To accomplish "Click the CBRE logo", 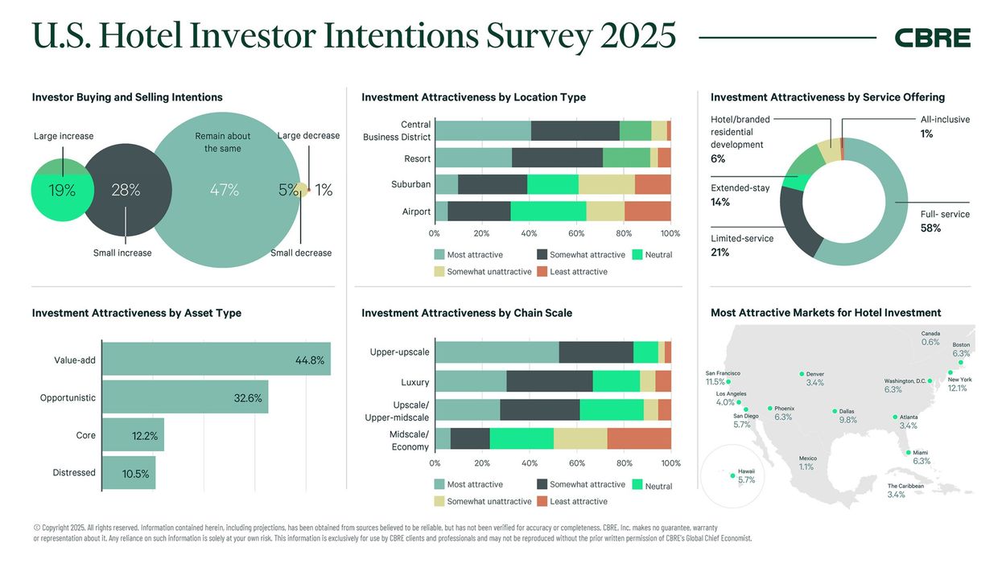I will [x=932, y=38].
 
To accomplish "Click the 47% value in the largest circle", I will [x=224, y=190].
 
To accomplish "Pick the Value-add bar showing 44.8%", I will [x=216, y=360].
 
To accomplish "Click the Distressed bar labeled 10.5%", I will [x=129, y=473].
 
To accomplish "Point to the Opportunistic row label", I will [x=68, y=397].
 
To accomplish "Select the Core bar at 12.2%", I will [x=134, y=435].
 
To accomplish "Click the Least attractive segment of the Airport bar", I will [x=647, y=212].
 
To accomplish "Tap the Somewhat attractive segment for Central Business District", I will [x=575, y=131].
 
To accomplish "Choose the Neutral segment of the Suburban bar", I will [x=552, y=184].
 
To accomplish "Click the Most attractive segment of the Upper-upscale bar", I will [x=496, y=352].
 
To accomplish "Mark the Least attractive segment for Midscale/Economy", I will [x=638, y=438].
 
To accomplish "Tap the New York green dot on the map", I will [x=950, y=372].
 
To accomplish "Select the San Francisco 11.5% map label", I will [x=722, y=378].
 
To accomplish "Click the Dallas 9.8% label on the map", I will [x=847, y=416].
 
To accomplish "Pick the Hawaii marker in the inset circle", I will [x=732, y=476].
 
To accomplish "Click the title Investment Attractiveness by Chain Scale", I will [x=467, y=313].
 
